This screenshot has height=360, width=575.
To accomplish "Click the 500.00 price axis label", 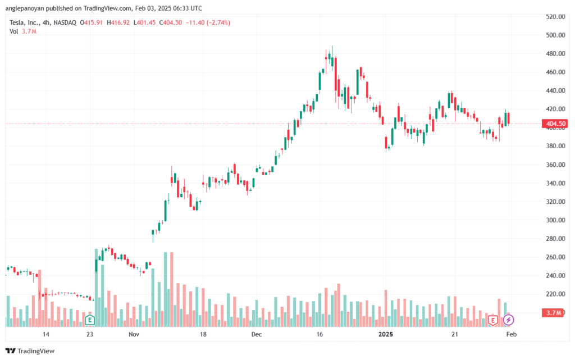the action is point(555,35).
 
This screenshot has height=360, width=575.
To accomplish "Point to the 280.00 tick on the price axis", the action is point(555,239).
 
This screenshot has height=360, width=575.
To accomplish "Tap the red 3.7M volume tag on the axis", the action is point(553,313).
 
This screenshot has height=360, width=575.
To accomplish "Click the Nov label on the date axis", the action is point(134,334).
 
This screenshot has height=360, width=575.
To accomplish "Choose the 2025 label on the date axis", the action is point(385,334).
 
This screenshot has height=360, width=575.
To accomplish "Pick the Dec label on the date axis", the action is point(256,334).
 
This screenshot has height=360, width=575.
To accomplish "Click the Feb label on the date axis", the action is point(511,334).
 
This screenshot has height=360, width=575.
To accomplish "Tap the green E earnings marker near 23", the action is point(89,320).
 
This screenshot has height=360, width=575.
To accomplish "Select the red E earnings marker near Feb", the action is point(492,321).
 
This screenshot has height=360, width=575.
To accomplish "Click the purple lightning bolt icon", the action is point(508,320).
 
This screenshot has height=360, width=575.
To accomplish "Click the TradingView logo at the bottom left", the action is point(30,351).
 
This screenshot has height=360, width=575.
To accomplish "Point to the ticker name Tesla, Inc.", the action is point(25,22).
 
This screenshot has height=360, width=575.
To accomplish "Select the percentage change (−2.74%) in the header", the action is point(218,22).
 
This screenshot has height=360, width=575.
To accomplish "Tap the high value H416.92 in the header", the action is point(118,22).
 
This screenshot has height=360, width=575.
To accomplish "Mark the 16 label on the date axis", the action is point(320,334).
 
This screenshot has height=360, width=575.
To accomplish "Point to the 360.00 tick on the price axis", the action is point(555,165).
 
